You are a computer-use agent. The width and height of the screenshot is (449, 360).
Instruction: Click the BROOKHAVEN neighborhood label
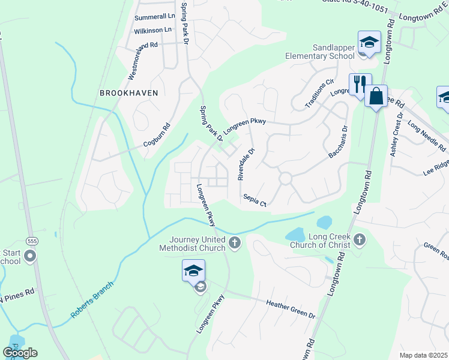[129, 93]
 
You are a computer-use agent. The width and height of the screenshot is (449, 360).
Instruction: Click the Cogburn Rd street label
[157, 136]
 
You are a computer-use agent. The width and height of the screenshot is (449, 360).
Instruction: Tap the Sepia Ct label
[255, 200]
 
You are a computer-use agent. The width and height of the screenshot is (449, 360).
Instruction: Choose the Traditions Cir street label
[319, 94]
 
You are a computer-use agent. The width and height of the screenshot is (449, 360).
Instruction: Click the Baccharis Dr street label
[338, 142]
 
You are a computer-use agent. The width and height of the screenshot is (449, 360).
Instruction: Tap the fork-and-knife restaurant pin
[361, 83]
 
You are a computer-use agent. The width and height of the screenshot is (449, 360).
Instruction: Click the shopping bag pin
[376, 96]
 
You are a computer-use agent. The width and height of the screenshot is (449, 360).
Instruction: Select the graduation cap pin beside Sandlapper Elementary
[369, 43]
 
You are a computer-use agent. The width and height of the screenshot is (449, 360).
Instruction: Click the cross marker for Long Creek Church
[360, 240]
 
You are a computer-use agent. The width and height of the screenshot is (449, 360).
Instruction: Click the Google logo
[20, 353]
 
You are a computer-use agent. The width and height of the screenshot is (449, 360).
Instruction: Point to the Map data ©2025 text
[423, 355]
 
